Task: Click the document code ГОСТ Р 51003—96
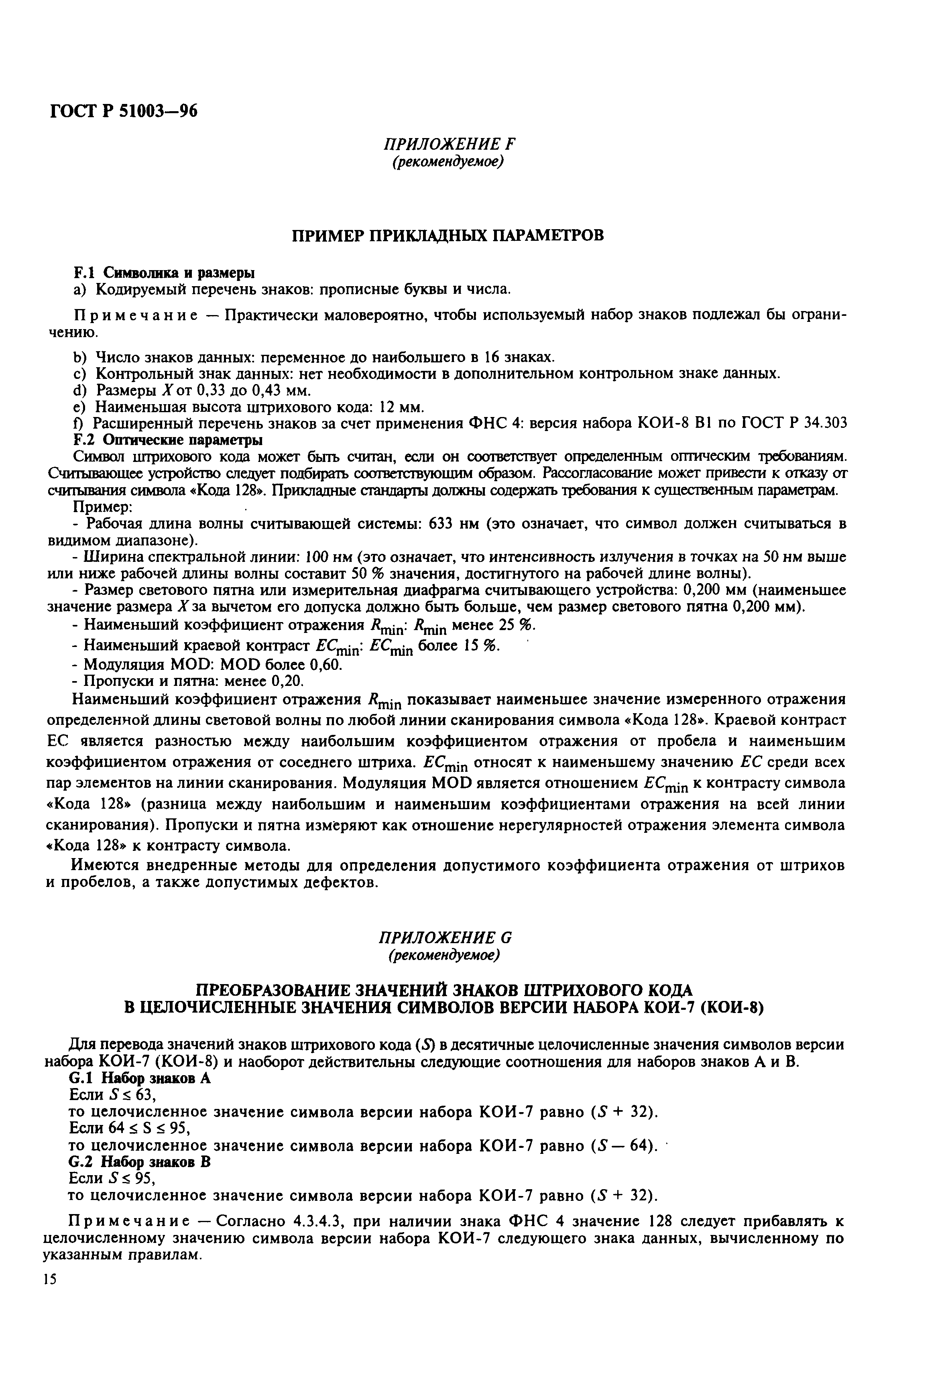coord(123,111)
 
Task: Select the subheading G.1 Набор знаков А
coord(140,1078)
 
